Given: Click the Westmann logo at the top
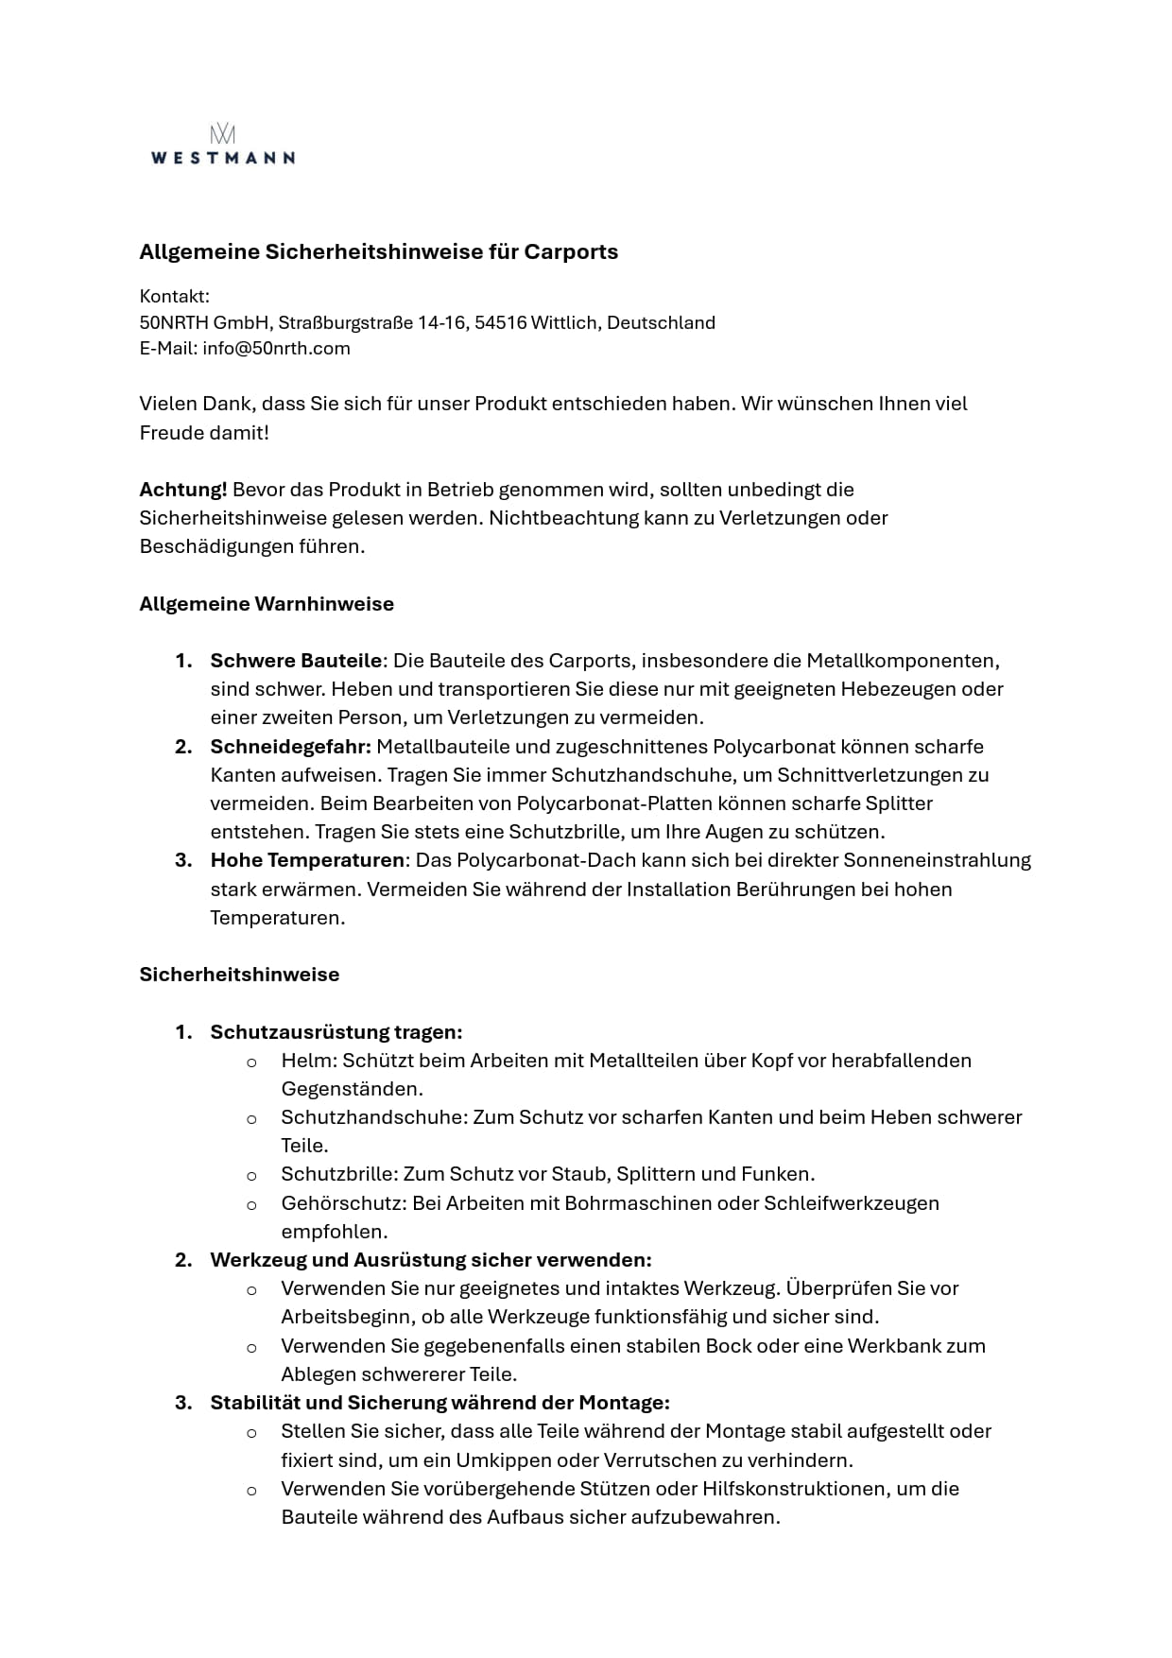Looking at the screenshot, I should coord(223,145).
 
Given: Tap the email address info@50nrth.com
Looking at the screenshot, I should coord(276,348).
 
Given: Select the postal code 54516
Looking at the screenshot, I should coord(500,322).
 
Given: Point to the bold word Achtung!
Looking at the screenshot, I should coord(182,490).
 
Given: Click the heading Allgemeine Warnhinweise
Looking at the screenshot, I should coord(267,604).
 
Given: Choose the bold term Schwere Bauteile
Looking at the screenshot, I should coord(296,661).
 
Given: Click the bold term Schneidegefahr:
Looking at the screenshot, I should coord(290,747).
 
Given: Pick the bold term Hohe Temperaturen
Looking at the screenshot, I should coord(307,860).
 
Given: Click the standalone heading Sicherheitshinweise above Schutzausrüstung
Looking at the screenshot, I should coord(239,975).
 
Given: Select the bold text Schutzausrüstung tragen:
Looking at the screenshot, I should coord(336,1032).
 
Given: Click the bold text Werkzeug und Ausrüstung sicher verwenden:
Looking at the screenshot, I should coord(431,1260).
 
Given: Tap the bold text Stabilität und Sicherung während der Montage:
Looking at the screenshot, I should coord(439,1403).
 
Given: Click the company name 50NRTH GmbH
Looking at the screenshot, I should coord(203,322).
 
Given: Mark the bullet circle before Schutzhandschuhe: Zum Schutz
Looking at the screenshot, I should coord(251,1119).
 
